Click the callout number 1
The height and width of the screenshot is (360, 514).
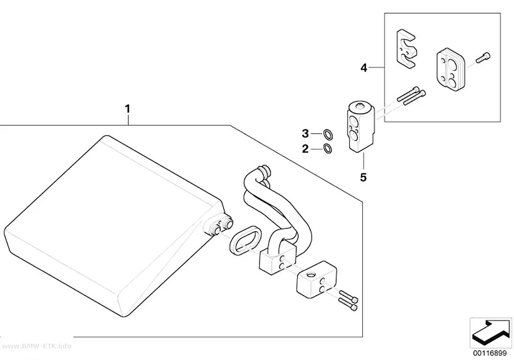[x=128, y=109]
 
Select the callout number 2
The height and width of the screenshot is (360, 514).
[x=305, y=149]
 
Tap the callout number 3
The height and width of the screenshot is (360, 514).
[x=305, y=134]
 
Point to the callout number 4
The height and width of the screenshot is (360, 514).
[x=364, y=68]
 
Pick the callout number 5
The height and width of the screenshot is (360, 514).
[x=363, y=177]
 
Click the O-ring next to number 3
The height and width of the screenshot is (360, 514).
[x=327, y=134]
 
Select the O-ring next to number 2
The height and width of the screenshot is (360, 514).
[x=327, y=149]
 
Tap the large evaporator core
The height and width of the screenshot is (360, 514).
[x=112, y=226]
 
